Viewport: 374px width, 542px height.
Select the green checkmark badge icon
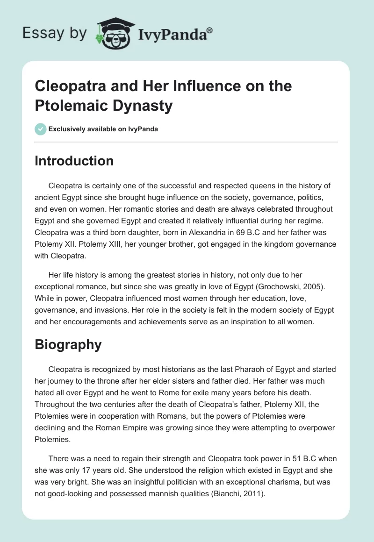40,129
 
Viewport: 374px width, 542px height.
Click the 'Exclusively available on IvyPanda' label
103,129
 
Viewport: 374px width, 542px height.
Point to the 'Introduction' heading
74,161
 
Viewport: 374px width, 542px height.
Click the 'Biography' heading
68,344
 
